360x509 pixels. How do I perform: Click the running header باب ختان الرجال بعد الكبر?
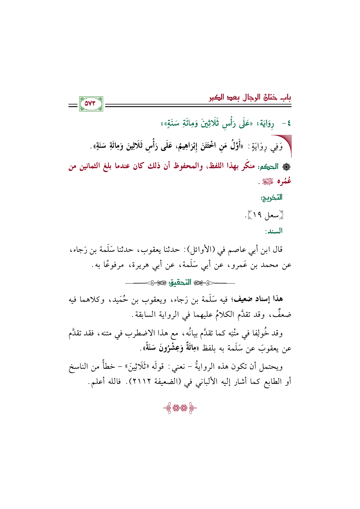click(x=250, y=98)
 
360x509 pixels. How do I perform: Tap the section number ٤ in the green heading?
click(x=288, y=124)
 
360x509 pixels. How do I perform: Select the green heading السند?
click(x=273, y=231)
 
